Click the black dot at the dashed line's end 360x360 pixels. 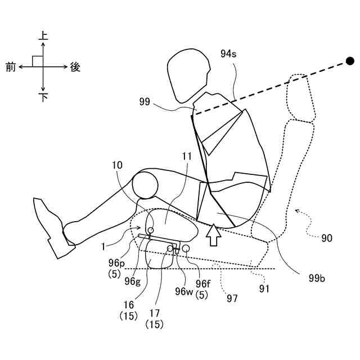[350, 60]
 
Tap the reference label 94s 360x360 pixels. [228, 54]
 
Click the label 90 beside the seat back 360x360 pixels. [326, 238]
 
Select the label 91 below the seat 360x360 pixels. [264, 289]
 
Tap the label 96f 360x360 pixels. [204, 283]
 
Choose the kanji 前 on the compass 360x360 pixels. [11, 67]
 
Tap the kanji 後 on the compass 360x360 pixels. [75, 67]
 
